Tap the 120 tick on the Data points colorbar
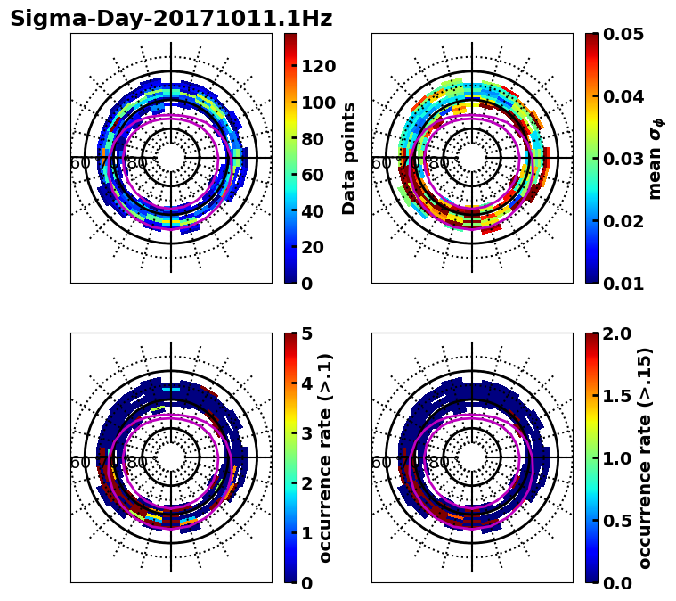point(317,66)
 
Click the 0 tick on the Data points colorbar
point(306,284)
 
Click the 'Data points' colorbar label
point(349,159)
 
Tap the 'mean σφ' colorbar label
point(655,159)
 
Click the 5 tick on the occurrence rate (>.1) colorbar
point(306,333)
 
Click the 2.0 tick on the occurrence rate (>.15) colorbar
point(612,333)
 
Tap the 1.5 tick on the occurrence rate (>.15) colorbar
point(612,396)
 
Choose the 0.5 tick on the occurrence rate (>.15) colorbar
point(612,521)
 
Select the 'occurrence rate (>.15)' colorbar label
point(645,458)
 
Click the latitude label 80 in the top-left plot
point(137,163)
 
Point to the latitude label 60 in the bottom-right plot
point(380,463)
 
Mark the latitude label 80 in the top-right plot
point(438,163)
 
